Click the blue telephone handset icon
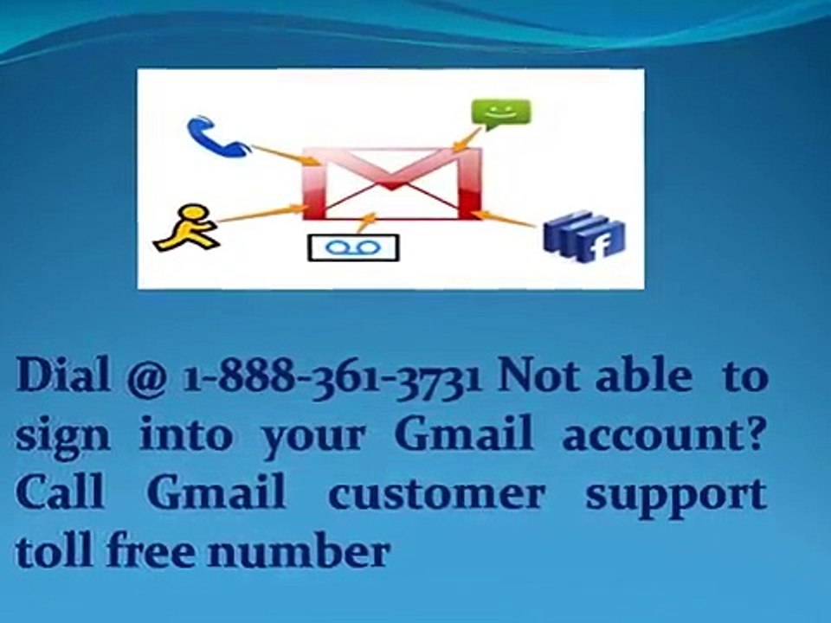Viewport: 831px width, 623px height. (x=215, y=136)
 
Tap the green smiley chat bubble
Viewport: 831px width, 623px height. (x=499, y=113)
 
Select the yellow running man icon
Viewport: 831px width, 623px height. (x=184, y=226)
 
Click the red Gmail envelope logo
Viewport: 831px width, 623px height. (x=391, y=183)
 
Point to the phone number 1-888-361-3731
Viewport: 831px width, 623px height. (x=332, y=377)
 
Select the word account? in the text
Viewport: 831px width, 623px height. (x=664, y=436)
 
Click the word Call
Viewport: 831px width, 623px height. (x=60, y=493)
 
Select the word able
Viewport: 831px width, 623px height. (x=643, y=377)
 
